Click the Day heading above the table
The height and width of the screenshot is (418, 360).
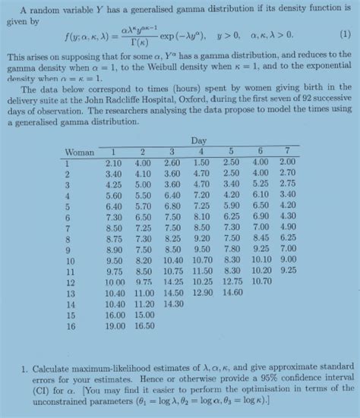tap(199, 141)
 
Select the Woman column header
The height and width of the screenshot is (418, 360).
tap(80, 152)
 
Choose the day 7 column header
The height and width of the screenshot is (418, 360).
tap(286, 152)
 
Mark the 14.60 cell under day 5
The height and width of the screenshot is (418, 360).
tap(231, 292)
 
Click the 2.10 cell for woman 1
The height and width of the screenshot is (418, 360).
tap(115, 162)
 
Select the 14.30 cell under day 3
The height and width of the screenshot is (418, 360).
tap(172, 303)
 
